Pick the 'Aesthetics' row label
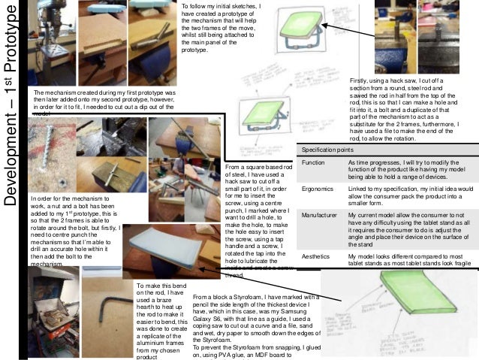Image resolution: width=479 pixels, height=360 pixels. coord(316,256)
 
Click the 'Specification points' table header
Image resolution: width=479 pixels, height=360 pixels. coord(327,149)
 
